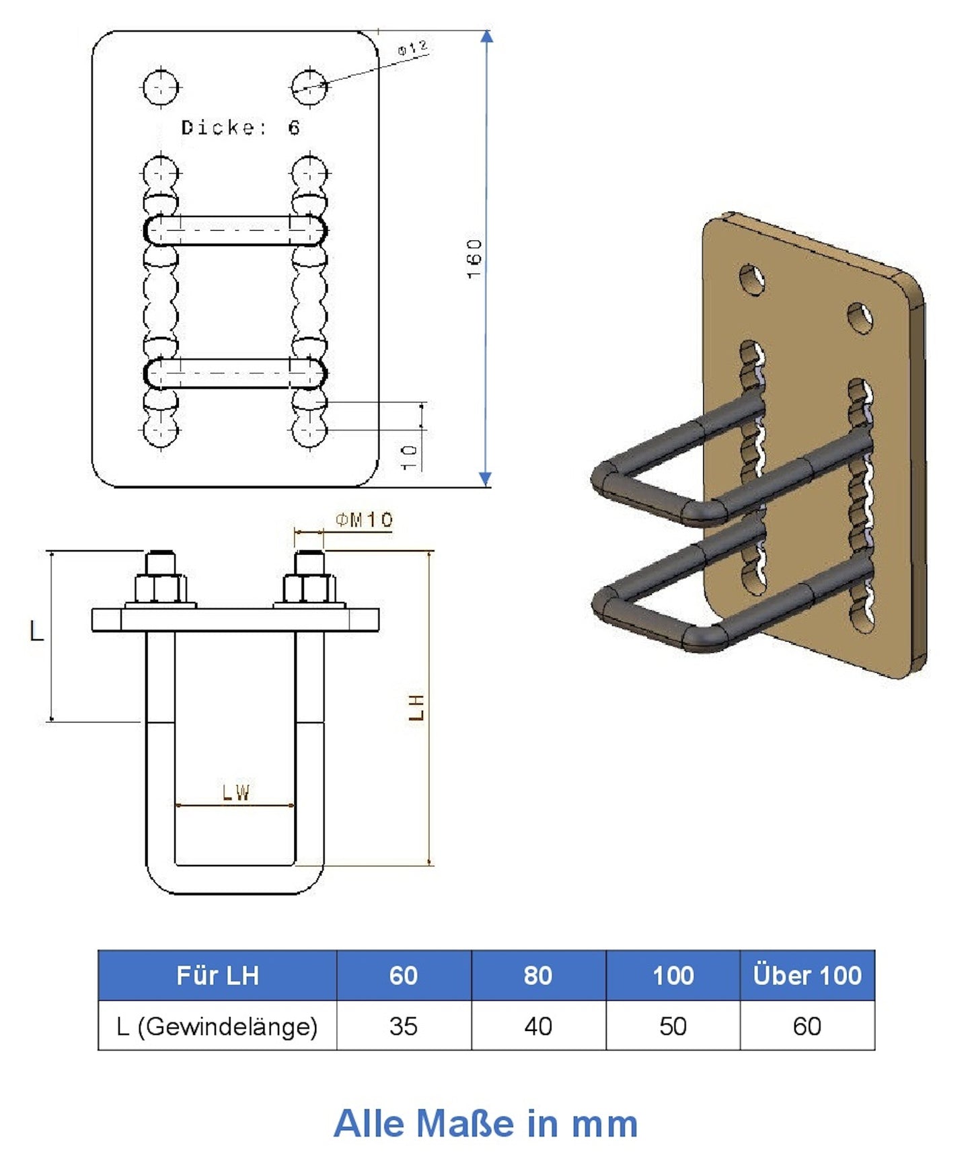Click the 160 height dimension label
[x=474, y=258]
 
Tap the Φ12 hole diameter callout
[x=412, y=48]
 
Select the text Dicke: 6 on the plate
[x=240, y=127]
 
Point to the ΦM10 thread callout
[x=364, y=519]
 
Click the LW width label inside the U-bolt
[x=236, y=792]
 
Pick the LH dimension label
[x=416, y=707]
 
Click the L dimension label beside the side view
[x=36, y=631]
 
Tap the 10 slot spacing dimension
[x=410, y=457]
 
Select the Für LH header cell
[x=217, y=975]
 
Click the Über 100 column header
[x=807, y=975]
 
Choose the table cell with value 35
[x=403, y=1026]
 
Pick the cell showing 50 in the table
[x=673, y=1026]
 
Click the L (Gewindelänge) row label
[x=217, y=1026]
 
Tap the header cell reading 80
[x=537, y=975]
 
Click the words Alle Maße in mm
[x=485, y=1123]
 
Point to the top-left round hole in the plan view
[x=161, y=87]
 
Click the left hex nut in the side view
[x=161, y=589]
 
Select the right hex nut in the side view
[x=309, y=589]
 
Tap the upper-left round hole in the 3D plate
[x=752, y=280]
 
